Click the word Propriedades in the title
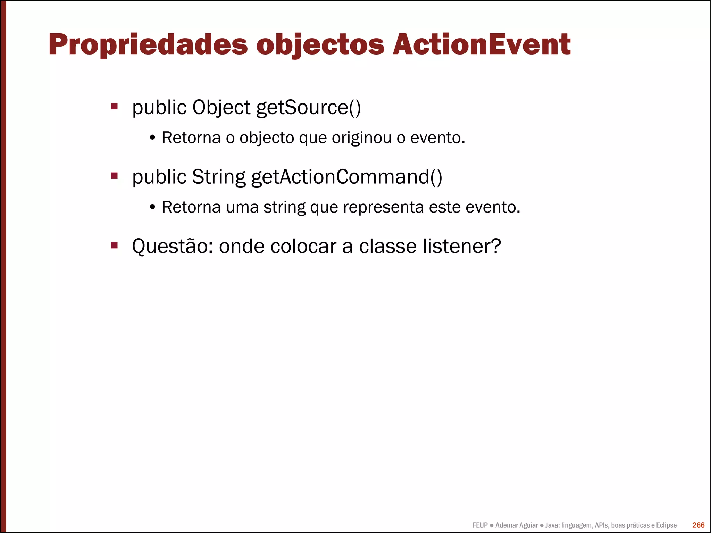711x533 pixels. (148, 45)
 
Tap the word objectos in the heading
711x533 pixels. (320, 45)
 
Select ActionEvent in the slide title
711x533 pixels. (482, 45)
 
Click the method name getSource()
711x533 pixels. (308, 107)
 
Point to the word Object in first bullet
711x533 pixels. (221, 107)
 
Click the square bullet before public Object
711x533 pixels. (114, 106)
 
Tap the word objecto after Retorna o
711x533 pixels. (267, 138)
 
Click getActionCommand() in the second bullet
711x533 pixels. (346, 177)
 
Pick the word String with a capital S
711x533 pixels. (218, 177)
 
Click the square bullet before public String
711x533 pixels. (114, 176)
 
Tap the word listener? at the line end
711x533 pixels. (462, 246)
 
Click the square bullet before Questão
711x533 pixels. (114, 245)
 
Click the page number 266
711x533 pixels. (698, 525)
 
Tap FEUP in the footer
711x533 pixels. (480, 525)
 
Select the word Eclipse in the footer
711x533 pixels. (666, 525)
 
